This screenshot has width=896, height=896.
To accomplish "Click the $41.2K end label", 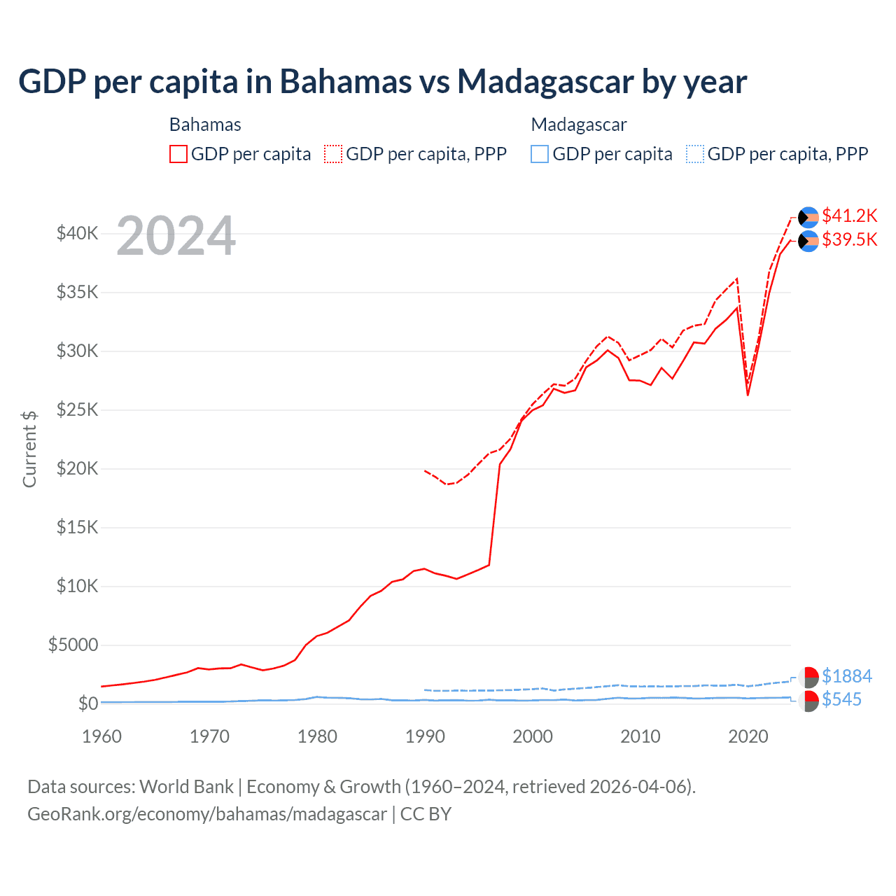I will click(849, 216).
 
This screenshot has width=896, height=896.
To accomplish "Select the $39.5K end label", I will click(849, 240).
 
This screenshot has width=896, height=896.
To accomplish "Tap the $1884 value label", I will click(846, 676).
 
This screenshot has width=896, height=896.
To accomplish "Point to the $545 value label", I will click(841, 700).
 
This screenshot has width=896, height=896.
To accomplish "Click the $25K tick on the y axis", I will click(77, 409).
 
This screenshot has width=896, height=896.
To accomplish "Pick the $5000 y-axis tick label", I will click(73, 645).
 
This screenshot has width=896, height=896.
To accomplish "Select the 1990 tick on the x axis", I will click(425, 736).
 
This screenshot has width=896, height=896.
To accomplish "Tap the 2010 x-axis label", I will click(640, 736).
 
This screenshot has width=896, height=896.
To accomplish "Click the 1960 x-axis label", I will click(102, 736).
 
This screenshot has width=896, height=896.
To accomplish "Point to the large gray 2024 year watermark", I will click(176, 236).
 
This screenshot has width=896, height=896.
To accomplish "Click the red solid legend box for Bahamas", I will click(178, 154).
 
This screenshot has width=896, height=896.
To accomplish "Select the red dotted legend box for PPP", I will click(333, 154).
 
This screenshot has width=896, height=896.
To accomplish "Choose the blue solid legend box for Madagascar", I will click(540, 154).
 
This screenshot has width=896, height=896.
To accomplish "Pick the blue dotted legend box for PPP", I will click(694, 154).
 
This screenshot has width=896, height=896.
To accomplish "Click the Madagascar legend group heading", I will click(579, 125).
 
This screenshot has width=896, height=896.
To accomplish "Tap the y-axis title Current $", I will click(29, 449).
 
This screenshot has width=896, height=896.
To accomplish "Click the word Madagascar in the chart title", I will click(545, 82).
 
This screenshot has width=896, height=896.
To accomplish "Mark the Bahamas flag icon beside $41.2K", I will click(808, 218).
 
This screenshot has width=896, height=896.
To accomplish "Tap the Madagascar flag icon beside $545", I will click(808, 701).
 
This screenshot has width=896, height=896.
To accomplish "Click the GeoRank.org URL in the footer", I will click(207, 814).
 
